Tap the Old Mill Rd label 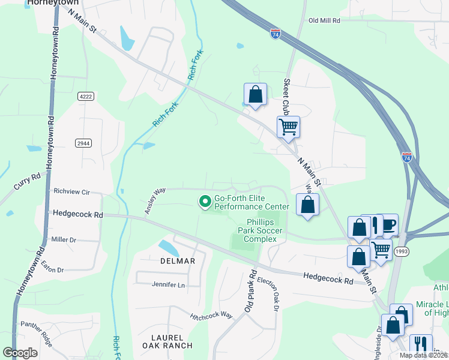(x=324, y=20)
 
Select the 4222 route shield (x=86, y=95)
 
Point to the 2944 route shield (x=83, y=142)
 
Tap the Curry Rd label (x=27, y=183)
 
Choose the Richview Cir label (x=71, y=192)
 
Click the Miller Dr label (x=64, y=239)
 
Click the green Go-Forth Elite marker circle (x=205, y=201)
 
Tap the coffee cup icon (x=388, y=225)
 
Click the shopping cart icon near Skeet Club (x=288, y=127)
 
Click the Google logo (x=19, y=353)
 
